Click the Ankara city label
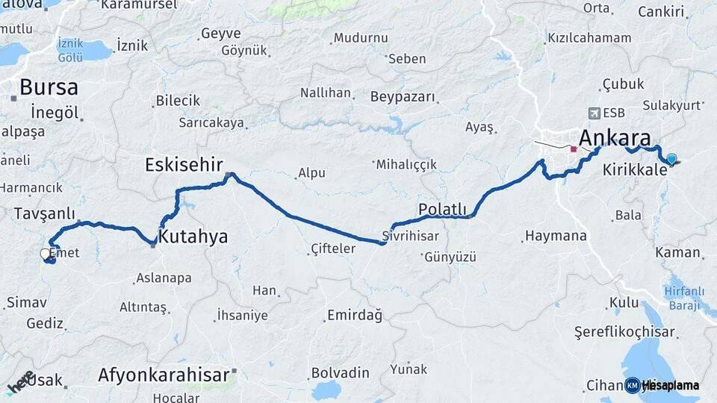(x=615, y=138)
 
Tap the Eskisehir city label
(x=184, y=164)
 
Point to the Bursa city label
(x=49, y=87)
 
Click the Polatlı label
(x=442, y=210)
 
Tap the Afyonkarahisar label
(x=163, y=375)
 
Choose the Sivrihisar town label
(x=410, y=235)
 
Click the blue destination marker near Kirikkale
(x=671, y=159)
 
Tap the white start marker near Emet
(x=46, y=254)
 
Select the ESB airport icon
(x=594, y=113)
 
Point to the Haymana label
(x=556, y=236)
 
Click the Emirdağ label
(x=355, y=316)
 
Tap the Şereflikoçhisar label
(x=624, y=331)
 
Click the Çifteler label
(x=333, y=249)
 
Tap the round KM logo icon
(x=633, y=385)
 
